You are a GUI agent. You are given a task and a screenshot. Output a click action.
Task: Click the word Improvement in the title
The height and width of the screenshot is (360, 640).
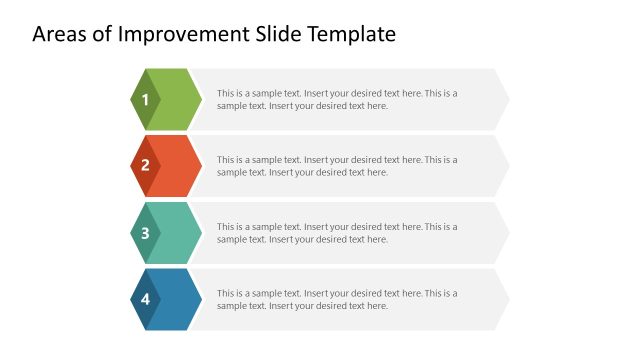pyautogui.click(x=168, y=34)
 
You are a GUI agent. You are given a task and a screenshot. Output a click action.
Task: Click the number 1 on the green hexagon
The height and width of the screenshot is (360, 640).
pyautogui.click(x=145, y=99)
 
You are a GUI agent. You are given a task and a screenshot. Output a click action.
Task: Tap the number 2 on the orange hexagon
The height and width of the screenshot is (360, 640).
pyautogui.click(x=145, y=166)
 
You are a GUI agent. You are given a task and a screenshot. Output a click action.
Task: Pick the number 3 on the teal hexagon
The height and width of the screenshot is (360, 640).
pyautogui.click(x=145, y=233)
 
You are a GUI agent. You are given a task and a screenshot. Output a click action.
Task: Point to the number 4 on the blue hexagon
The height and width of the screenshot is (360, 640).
pyautogui.click(x=145, y=299)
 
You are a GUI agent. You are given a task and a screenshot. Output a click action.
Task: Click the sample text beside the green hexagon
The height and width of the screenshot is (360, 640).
pyautogui.click(x=337, y=99)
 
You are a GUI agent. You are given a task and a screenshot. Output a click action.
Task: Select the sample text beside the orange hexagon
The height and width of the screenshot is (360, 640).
pyautogui.click(x=337, y=166)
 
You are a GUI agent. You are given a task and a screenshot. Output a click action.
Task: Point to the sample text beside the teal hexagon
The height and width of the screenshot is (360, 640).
pyautogui.click(x=337, y=233)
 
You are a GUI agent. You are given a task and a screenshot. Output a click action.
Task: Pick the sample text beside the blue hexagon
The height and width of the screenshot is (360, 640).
pyautogui.click(x=337, y=299)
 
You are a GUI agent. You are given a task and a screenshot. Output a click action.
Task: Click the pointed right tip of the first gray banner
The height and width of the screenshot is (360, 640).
pyautogui.click(x=506, y=99)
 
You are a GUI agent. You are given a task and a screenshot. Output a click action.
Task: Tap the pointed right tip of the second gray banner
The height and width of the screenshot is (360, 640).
pyautogui.click(x=506, y=166)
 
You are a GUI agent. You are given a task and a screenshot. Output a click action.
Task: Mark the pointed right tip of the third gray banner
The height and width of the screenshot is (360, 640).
pyautogui.click(x=506, y=233)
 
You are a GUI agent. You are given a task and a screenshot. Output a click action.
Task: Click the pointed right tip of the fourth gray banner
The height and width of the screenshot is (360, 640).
pyautogui.click(x=506, y=299)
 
